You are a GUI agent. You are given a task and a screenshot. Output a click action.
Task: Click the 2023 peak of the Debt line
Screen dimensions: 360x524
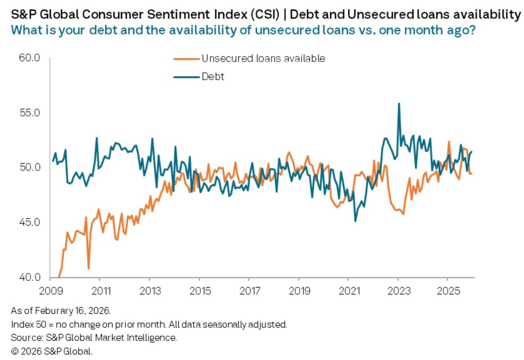399,104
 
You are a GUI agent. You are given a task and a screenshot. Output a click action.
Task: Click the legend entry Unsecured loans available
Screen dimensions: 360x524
263,58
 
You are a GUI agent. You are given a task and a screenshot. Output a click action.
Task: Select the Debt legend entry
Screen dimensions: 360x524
213,77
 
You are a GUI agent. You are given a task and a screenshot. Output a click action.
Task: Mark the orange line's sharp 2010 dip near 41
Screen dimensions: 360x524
89,268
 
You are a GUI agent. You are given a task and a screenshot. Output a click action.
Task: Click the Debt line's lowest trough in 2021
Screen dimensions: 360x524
355,221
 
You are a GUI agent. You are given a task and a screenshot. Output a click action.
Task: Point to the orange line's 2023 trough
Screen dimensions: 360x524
403,214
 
